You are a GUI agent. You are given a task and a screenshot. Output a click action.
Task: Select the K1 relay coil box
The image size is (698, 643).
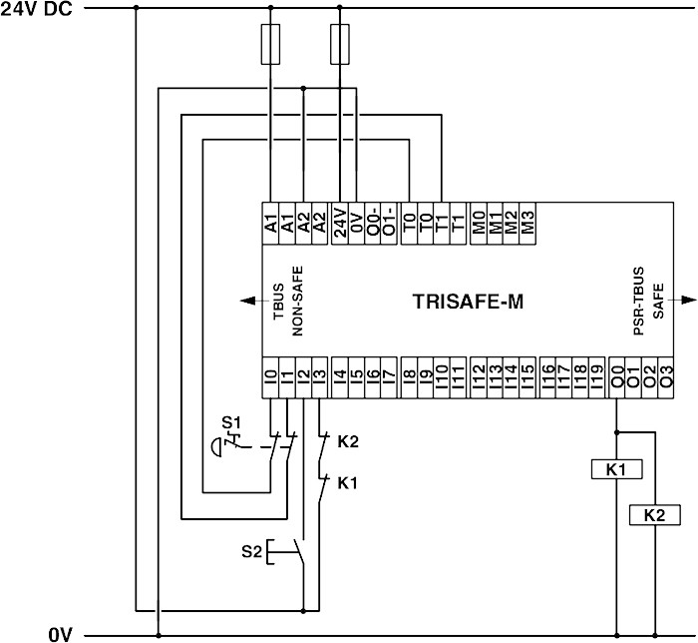(618, 467)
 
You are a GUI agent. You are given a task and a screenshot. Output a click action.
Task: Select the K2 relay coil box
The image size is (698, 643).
(654, 515)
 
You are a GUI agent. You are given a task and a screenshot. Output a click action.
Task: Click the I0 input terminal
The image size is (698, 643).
(270, 377)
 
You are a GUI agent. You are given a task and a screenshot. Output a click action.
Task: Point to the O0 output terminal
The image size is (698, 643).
(618, 377)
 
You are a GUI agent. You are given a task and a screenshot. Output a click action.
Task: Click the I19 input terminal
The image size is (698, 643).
(596, 377)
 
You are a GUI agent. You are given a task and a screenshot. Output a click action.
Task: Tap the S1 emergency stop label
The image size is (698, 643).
(230, 423)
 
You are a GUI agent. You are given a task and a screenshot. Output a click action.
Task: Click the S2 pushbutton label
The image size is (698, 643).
(252, 550)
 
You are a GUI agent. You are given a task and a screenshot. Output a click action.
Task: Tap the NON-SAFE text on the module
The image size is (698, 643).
(298, 300)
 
